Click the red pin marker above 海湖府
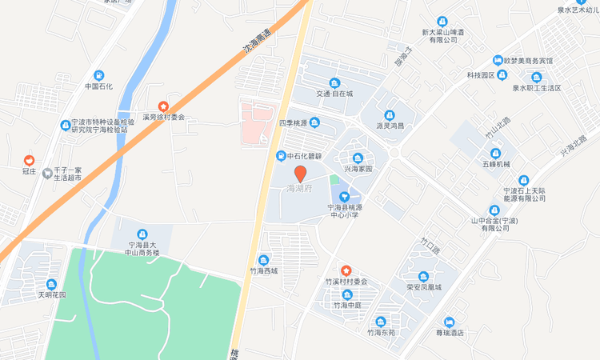pos(301,174)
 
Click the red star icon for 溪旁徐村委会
pos(163,106)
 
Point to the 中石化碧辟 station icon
pos(281,155)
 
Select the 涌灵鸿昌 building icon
pos(390,115)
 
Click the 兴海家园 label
pos(358,169)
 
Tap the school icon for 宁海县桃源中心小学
pos(346,196)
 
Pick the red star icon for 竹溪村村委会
pos(346,270)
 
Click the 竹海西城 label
pos(264,270)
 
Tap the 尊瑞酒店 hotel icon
pos(449,322)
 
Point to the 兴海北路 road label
pos(573,146)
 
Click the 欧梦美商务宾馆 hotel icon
pos(497,60)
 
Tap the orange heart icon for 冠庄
pos(30,160)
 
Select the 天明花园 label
pos(51,294)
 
